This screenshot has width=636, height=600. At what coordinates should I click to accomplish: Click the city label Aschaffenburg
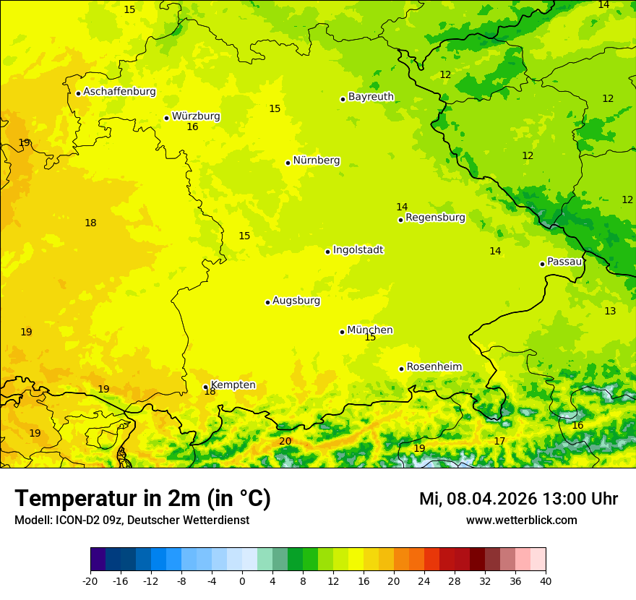click(x=119, y=92)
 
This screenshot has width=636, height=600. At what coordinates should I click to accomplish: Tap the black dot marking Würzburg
click(x=166, y=118)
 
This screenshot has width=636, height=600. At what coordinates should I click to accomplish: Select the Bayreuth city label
click(x=371, y=97)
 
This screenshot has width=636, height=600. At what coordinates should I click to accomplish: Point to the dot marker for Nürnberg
click(x=288, y=163)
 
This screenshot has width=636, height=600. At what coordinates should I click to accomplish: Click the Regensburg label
click(x=435, y=218)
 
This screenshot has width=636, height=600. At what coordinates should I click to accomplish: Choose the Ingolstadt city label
click(x=358, y=250)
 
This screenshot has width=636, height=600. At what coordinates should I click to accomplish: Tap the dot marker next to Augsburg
click(x=267, y=302)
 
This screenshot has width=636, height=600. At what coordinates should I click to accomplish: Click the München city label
click(x=369, y=330)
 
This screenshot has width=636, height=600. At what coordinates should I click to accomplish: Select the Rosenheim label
click(x=434, y=367)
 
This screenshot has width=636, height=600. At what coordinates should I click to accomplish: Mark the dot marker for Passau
click(x=542, y=264)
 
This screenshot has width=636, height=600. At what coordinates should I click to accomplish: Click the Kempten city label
click(x=233, y=385)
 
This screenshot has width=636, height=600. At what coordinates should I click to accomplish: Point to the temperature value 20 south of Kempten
click(x=285, y=441)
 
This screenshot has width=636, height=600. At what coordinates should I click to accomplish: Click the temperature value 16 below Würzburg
click(x=192, y=127)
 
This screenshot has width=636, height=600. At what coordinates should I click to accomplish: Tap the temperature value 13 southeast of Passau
click(x=610, y=311)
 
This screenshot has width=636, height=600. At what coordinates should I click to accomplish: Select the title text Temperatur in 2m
click(x=142, y=499)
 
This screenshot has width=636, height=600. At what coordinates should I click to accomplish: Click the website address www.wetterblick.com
click(x=521, y=520)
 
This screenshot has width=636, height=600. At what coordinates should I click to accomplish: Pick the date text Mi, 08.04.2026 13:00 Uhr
click(x=518, y=499)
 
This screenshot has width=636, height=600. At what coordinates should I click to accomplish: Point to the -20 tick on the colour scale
click(x=90, y=581)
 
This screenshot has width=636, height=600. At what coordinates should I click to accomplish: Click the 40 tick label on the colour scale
click(x=546, y=581)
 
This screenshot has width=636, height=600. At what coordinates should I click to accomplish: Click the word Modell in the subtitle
click(x=32, y=520)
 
